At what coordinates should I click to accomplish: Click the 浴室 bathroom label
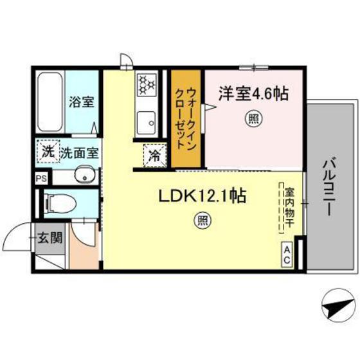tap(82, 102)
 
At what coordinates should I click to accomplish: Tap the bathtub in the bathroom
tap(49, 102)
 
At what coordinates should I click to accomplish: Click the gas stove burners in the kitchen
tap(146, 85)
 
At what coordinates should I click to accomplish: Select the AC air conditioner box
tap(287, 254)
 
